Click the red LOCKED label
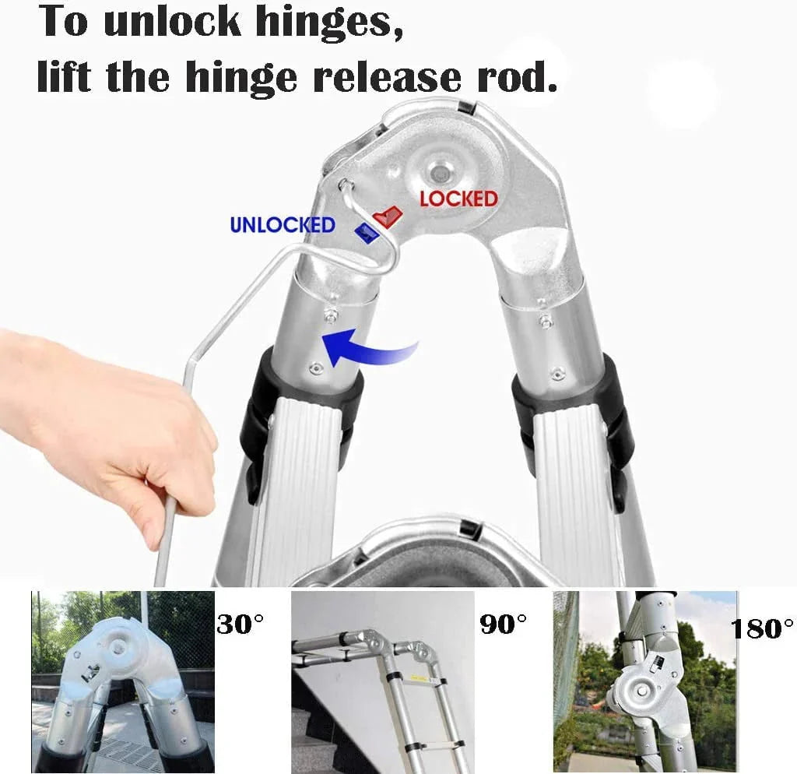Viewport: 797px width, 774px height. point(458,199)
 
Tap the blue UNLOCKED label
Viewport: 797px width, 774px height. point(283,224)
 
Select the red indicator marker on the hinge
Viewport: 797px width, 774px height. point(388,216)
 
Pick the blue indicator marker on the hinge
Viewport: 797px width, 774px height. point(367,233)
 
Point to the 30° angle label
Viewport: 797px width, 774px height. point(240,624)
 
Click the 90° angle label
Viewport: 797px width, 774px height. point(504,624)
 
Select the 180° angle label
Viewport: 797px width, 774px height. point(763,628)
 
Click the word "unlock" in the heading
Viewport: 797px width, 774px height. point(171,22)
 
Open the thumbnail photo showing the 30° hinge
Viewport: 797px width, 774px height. point(123,681)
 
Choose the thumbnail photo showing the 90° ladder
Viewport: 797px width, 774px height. point(383,681)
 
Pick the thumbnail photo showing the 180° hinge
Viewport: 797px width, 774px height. point(645,681)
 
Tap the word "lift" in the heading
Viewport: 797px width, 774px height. point(65,76)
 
